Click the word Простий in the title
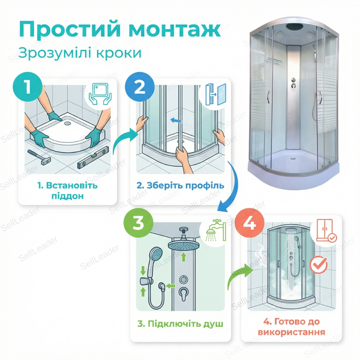(70, 29)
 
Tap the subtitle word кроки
(118, 53)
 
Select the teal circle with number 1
(28, 87)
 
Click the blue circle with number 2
(139, 87)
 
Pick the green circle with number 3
(138, 223)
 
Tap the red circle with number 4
(250, 223)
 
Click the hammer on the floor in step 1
(39, 157)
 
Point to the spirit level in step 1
(93, 157)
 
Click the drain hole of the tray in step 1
(68, 123)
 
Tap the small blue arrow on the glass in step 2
(176, 120)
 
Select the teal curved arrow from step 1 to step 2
(125, 139)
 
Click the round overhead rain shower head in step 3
(183, 245)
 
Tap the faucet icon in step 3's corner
(216, 231)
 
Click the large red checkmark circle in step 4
(318, 265)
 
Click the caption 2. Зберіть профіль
(181, 186)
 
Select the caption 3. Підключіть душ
(181, 324)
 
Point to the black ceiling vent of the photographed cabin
(294, 27)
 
